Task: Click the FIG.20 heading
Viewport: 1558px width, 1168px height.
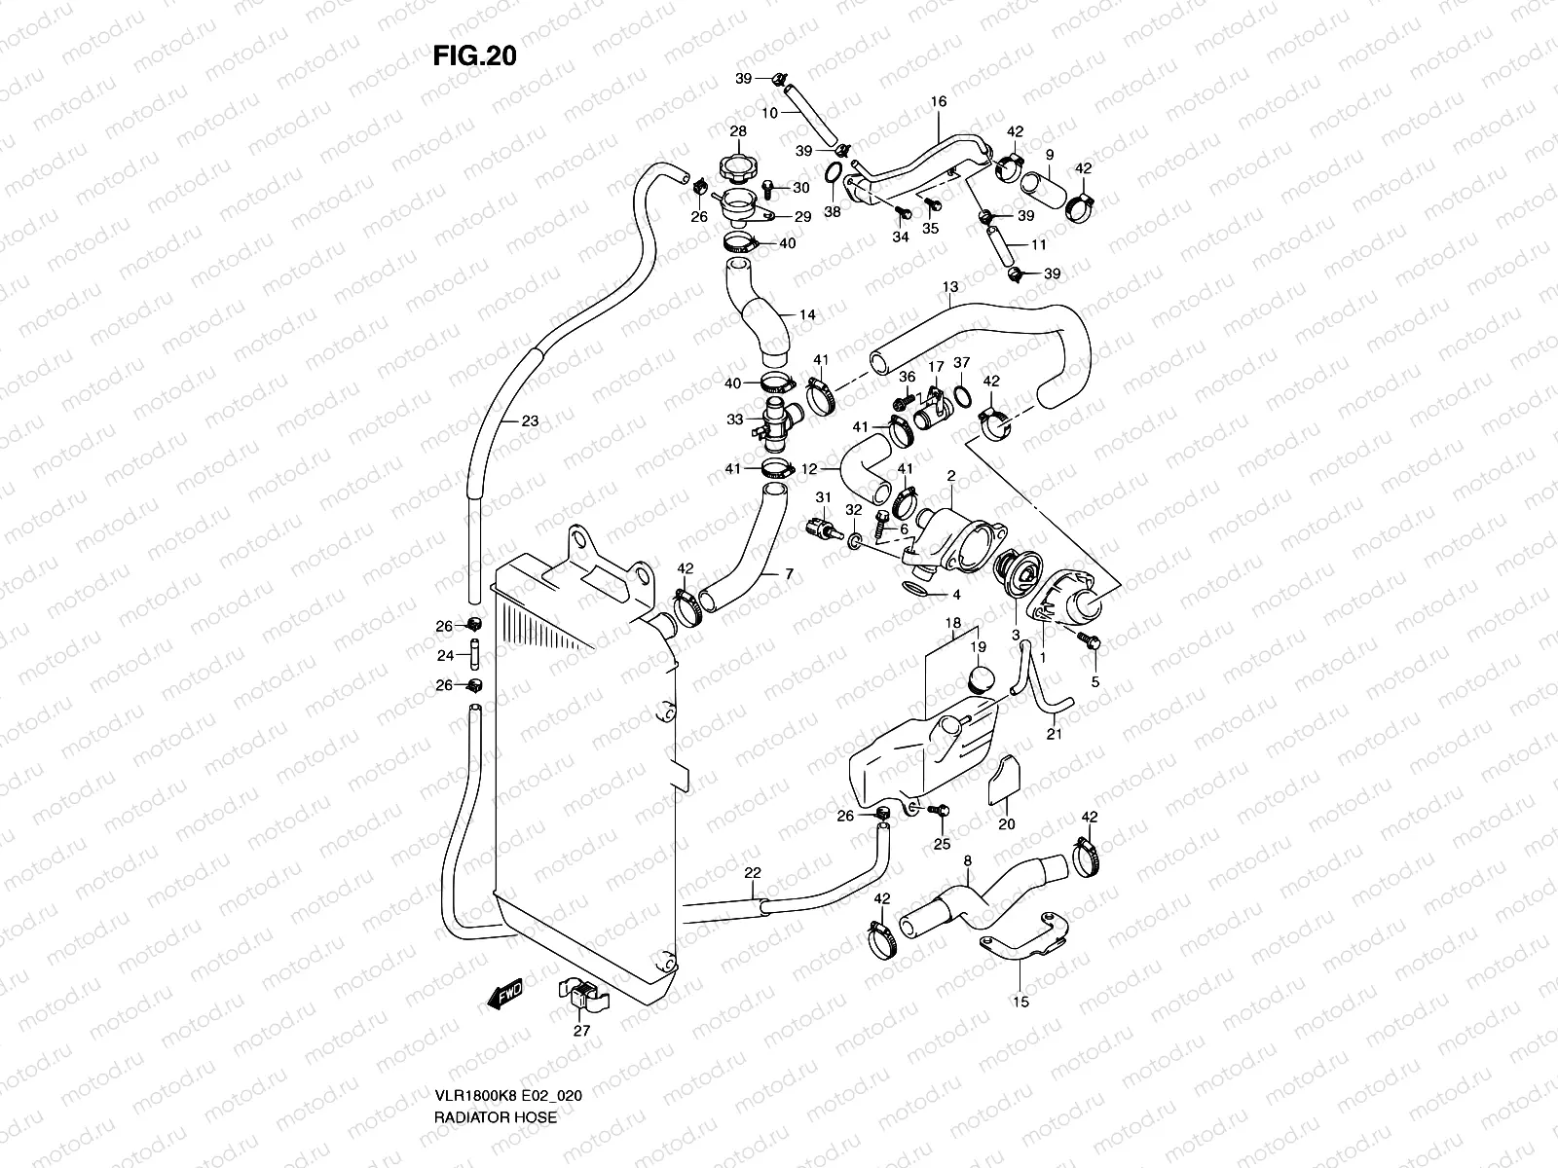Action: (474, 56)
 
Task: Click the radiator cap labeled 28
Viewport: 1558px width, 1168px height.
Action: (737, 167)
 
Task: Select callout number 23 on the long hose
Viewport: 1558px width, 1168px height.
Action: (529, 421)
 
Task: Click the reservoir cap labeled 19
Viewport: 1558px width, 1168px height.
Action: (979, 678)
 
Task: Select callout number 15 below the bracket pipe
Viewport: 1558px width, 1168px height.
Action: (1020, 1001)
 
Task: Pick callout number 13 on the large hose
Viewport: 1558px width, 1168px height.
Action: (950, 287)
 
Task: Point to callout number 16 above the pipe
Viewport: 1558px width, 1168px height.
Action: (939, 101)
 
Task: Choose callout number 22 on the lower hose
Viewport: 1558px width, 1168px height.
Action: (752, 874)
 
